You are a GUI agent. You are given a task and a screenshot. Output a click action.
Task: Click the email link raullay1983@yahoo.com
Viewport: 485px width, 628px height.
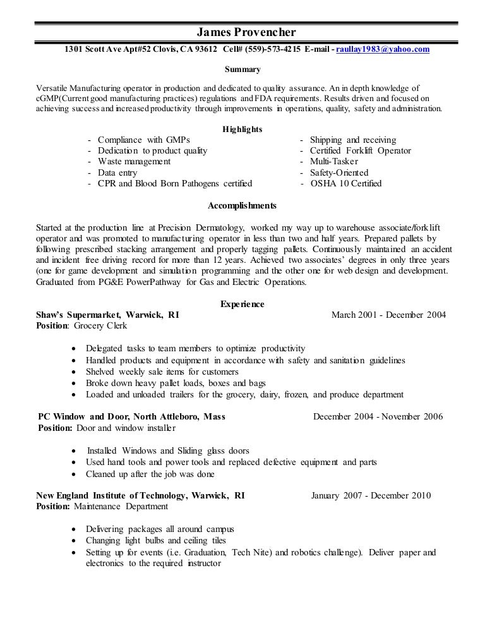click(387, 49)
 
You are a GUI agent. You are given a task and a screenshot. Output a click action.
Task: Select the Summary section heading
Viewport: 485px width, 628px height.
click(242, 68)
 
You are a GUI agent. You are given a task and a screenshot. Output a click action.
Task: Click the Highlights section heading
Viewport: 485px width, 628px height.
click(242, 129)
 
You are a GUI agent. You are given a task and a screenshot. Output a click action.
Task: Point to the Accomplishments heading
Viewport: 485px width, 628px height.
click(242, 205)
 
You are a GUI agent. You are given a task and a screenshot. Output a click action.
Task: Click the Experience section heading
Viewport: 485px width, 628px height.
click(242, 304)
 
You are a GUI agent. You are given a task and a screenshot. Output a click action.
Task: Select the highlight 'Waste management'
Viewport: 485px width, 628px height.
click(134, 162)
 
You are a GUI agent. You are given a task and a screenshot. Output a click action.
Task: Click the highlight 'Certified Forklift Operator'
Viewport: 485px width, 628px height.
click(360, 151)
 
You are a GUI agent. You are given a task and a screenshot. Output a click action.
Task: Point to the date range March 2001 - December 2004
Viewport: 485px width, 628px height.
click(388, 315)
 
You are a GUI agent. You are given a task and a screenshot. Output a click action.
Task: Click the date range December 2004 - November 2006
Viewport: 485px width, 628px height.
click(378, 416)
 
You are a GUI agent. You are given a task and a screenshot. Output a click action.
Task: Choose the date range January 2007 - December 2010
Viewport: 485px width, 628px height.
click(371, 496)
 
